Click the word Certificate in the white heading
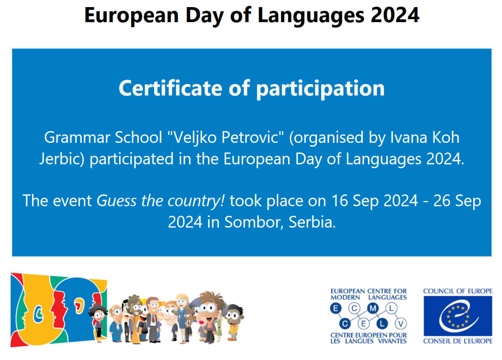[x=170, y=88]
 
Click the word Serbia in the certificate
[x=312, y=222]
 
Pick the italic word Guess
[x=117, y=200]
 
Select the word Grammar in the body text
[x=77, y=137]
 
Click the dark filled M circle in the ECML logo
[x=373, y=309]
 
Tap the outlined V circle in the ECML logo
[x=401, y=324]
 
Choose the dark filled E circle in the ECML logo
[x=336, y=309]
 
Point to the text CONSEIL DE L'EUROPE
[x=458, y=341]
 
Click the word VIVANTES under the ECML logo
[x=392, y=341]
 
